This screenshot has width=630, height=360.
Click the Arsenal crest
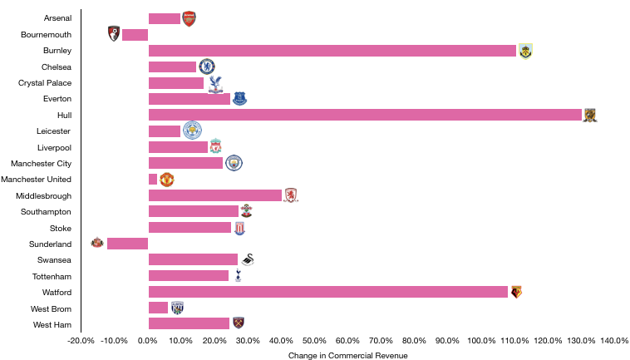click(189, 19)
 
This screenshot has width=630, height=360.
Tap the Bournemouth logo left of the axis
click(114, 34)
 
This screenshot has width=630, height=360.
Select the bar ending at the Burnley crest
click(332, 51)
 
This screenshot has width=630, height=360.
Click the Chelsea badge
click(207, 67)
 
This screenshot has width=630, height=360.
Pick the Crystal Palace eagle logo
click(215, 83)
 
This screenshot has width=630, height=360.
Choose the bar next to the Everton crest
click(189, 99)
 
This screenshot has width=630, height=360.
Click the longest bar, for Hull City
click(365, 115)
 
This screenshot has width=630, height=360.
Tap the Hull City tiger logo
click(590, 116)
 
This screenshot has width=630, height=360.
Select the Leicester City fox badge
click(193, 131)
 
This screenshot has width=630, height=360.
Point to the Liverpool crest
click(215, 146)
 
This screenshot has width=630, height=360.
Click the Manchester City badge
click(234, 163)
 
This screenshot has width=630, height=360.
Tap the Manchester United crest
click(167, 180)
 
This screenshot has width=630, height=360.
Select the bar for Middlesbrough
click(215, 195)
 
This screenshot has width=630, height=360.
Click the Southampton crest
click(246, 211)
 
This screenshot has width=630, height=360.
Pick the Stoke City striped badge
click(239, 228)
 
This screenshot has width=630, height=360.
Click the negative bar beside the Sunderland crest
click(127, 244)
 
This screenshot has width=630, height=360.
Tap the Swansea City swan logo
click(248, 259)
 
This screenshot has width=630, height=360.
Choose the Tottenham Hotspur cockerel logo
click(238, 275)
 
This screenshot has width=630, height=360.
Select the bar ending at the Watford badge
click(328, 292)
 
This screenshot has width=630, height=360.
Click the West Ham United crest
click(239, 323)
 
